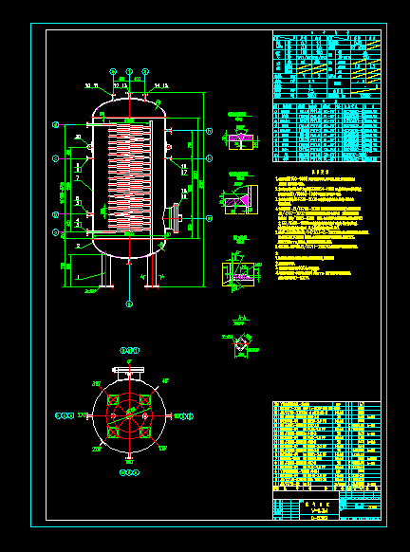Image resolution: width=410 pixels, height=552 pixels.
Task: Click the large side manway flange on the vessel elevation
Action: [177, 218]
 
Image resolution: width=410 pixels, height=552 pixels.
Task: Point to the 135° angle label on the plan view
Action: [164, 451]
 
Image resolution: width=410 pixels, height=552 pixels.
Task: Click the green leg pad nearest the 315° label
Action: [114, 399]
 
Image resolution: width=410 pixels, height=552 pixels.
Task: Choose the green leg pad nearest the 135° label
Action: [145, 432]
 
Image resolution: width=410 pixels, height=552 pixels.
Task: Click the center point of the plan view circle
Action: [130, 415]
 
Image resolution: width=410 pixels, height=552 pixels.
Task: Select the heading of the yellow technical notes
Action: [320, 171]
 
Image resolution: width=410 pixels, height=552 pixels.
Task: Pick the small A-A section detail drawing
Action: [243, 345]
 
